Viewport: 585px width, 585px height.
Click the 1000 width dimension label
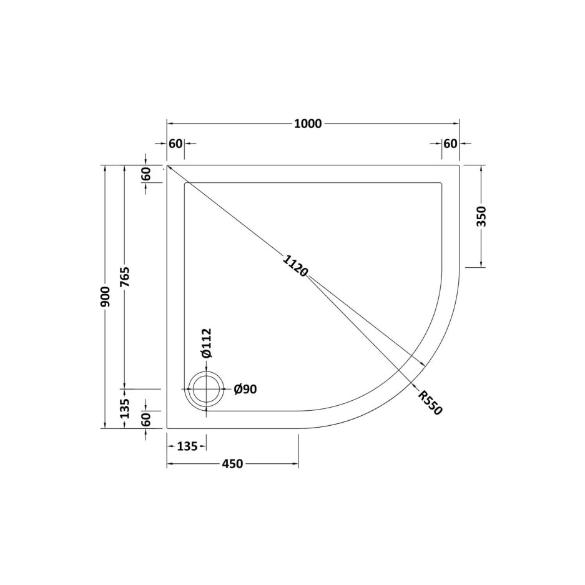click(x=308, y=124)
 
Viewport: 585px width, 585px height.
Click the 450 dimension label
click(x=232, y=464)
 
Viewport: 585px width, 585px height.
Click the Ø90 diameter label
click(x=245, y=390)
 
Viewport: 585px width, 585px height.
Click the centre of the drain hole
click(x=207, y=390)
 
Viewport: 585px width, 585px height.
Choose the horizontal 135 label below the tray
click(x=187, y=446)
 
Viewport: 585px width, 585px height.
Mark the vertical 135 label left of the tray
click(x=125, y=408)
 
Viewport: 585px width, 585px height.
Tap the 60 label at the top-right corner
click(x=450, y=144)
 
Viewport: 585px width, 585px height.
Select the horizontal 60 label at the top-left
click(x=175, y=144)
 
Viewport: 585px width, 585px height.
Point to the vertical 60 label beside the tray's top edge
click(x=146, y=174)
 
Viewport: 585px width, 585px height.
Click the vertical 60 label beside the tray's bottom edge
click(x=146, y=420)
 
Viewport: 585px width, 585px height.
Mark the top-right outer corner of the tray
click(x=460, y=165)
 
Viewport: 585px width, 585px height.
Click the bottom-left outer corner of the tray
click(x=167, y=429)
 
